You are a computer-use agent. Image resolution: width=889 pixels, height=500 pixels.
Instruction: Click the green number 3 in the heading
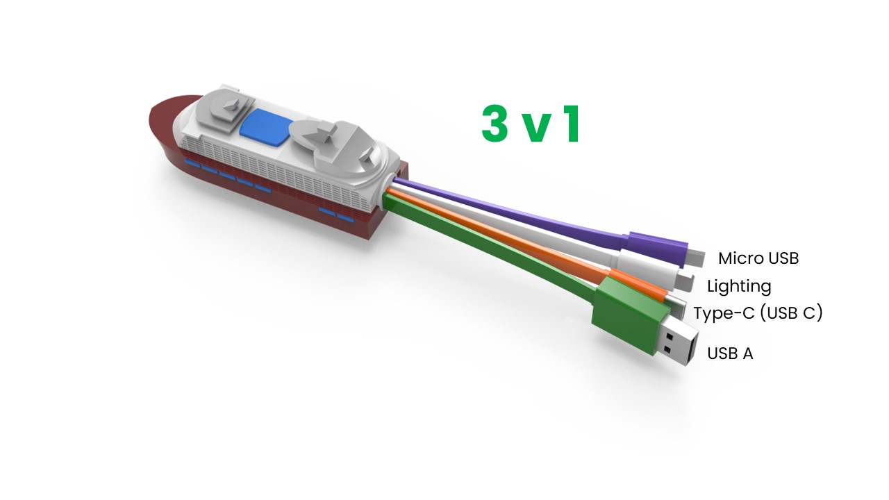[x=495, y=124]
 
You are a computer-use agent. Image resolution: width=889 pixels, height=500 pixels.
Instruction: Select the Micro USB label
[x=758, y=258]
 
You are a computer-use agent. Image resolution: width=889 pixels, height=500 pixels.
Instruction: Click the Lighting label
[x=739, y=286]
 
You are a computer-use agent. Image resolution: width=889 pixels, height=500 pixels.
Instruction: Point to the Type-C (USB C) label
[x=758, y=313]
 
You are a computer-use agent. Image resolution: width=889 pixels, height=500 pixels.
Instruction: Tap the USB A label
[x=730, y=353]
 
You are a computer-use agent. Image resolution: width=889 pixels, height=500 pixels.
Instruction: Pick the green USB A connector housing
[x=628, y=313]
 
